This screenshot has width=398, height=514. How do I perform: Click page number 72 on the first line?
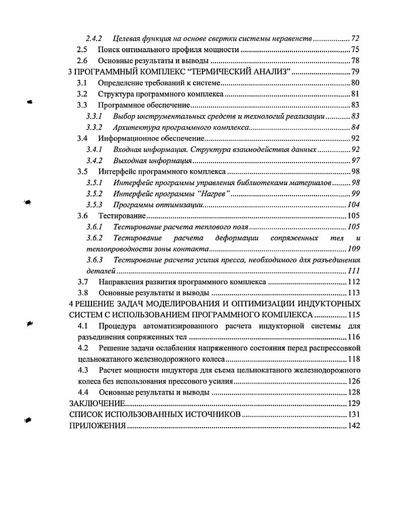point(355,38)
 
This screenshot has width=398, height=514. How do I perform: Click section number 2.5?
point(81,49)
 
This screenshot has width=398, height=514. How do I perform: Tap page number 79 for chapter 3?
point(355,71)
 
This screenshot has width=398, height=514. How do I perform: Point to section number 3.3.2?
point(94,127)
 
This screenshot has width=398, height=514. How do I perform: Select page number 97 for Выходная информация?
point(355,161)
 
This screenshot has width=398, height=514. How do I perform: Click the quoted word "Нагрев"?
point(213,194)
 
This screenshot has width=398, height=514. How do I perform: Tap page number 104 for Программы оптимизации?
point(354,205)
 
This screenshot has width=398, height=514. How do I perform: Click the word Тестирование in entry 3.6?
point(122,216)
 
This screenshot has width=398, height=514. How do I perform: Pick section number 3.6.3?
point(94,260)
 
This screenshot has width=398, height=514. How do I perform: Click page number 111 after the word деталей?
point(354,271)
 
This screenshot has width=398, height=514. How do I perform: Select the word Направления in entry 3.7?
point(119,282)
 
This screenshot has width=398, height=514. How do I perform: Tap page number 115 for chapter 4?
point(354,315)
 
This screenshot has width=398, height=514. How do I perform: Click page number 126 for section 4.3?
point(354,381)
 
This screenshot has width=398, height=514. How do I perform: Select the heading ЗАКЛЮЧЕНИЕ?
point(96,404)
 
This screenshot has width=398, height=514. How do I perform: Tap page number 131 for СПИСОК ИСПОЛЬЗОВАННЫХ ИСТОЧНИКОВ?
point(354,415)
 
